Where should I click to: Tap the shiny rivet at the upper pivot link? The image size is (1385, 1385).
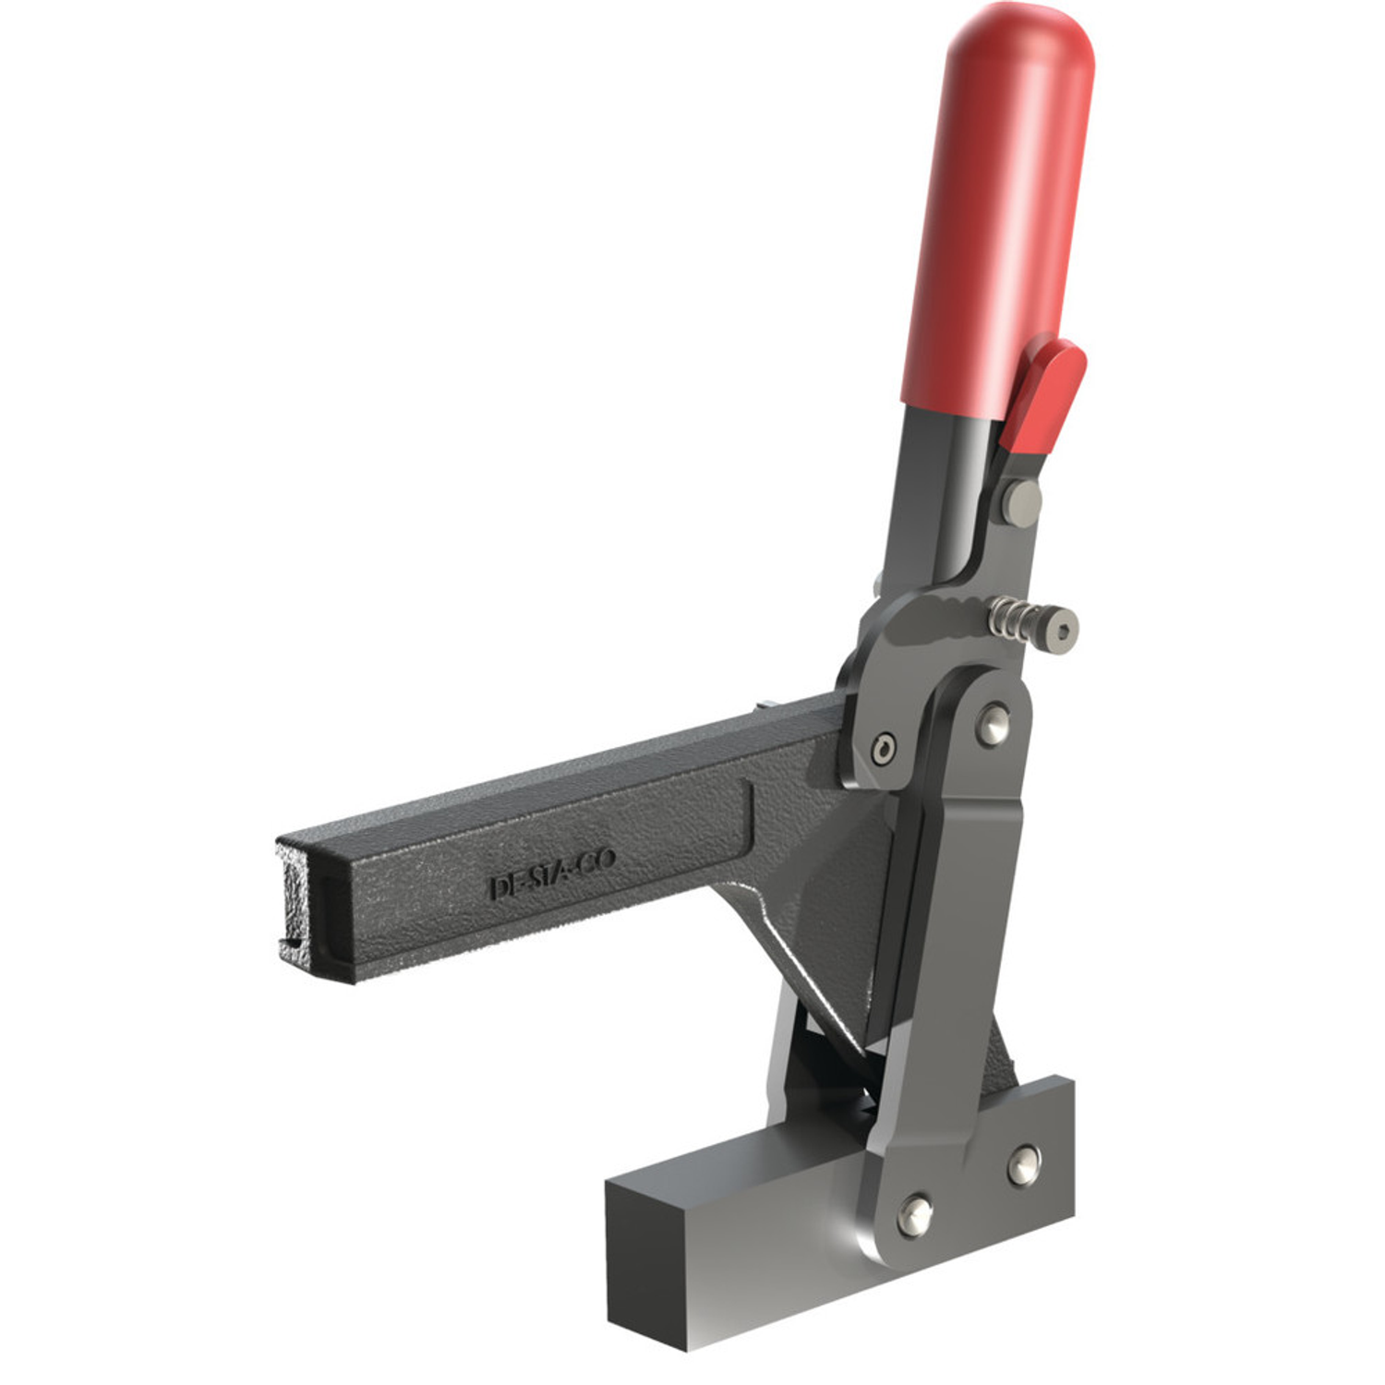(x=993, y=723)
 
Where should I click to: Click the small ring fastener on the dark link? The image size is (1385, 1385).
(x=885, y=747)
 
